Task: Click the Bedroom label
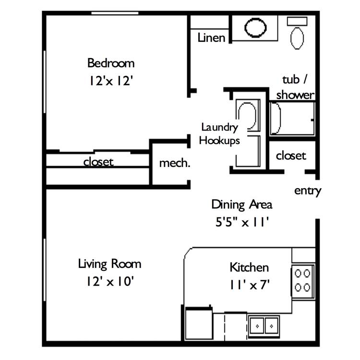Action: click(x=111, y=63)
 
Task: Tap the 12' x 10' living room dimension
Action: click(x=110, y=281)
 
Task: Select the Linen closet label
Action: click(x=211, y=37)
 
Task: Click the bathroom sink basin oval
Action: click(x=255, y=27)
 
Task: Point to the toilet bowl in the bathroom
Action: click(x=297, y=38)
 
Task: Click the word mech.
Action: click(x=175, y=163)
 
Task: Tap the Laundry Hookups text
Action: click(x=219, y=134)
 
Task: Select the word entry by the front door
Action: click(x=308, y=191)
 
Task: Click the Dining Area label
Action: click(x=242, y=204)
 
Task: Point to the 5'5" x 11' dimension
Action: click(x=242, y=222)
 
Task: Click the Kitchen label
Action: click(x=249, y=267)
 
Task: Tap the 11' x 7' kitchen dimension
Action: click(x=249, y=285)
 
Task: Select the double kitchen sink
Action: click(x=264, y=326)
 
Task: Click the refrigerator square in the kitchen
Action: click(x=199, y=323)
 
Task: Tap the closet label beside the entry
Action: click(x=291, y=156)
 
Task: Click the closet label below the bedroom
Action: click(x=98, y=162)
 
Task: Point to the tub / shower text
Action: click(x=295, y=87)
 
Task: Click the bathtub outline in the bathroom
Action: click(x=292, y=119)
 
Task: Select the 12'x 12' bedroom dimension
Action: click(x=111, y=81)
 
